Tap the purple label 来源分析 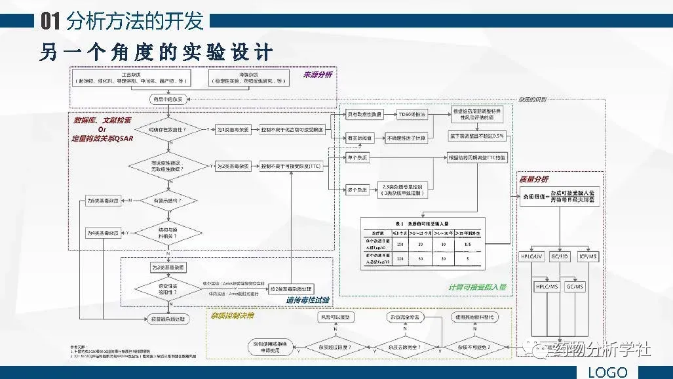coord(317,75)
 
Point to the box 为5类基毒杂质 coord(104,200)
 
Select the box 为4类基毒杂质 coord(104,232)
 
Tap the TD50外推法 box coord(412,115)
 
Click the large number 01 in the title coord(50,22)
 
